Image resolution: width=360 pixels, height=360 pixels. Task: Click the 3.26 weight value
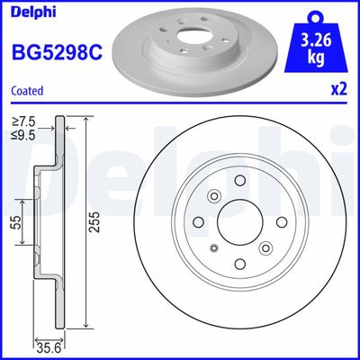(313, 40)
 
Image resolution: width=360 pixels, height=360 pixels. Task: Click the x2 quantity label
(339, 89)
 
